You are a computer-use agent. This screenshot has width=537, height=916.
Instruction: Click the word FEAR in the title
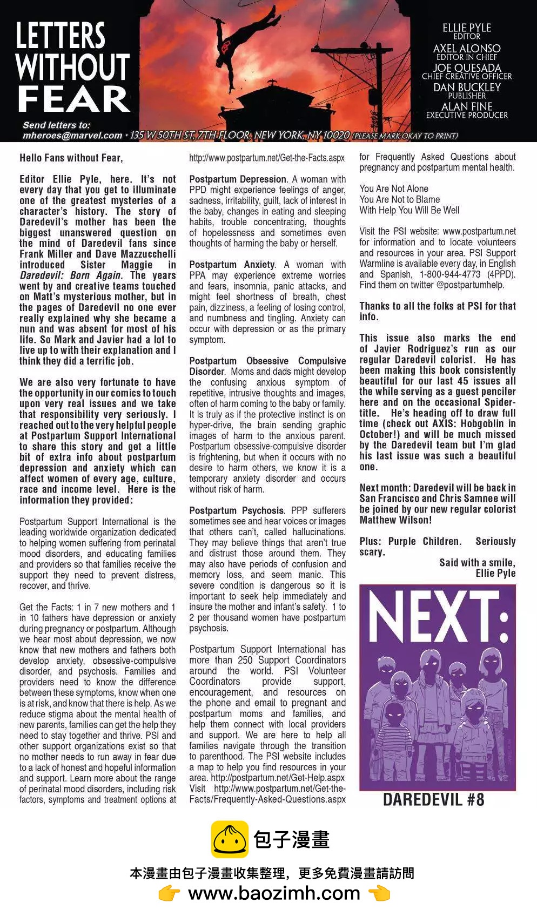pyautogui.click(x=73, y=99)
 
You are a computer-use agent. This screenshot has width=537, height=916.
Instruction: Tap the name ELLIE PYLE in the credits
pyautogui.click(x=467, y=28)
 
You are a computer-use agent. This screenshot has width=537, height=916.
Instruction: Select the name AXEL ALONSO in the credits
pyautogui.click(x=467, y=48)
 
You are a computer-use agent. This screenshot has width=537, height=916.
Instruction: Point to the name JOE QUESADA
pyautogui.click(x=467, y=68)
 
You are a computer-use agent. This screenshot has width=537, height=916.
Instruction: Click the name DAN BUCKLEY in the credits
pyautogui.click(x=467, y=87)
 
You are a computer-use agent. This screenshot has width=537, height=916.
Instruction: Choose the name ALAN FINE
pyautogui.click(x=467, y=107)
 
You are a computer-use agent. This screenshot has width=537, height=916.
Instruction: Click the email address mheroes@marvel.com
pyautogui.click(x=72, y=136)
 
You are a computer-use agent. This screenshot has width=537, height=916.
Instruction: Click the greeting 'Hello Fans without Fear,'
pyautogui.click(x=71, y=158)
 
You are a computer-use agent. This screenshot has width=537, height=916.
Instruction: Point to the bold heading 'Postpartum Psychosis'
pyautogui.click(x=236, y=510)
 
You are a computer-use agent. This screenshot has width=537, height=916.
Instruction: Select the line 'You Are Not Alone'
pyautogui.click(x=394, y=188)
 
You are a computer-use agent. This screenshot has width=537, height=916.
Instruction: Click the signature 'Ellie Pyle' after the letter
pyautogui.click(x=495, y=573)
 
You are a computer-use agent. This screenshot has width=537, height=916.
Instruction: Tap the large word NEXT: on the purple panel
pyautogui.click(x=438, y=616)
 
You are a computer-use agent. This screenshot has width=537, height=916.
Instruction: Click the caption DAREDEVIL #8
pyautogui.click(x=433, y=800)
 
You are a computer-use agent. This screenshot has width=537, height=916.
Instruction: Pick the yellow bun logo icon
pyautogui.click(x=230, y=839)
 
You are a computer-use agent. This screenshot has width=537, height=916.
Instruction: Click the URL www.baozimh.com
pyautogui.click(x=274, y=893)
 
